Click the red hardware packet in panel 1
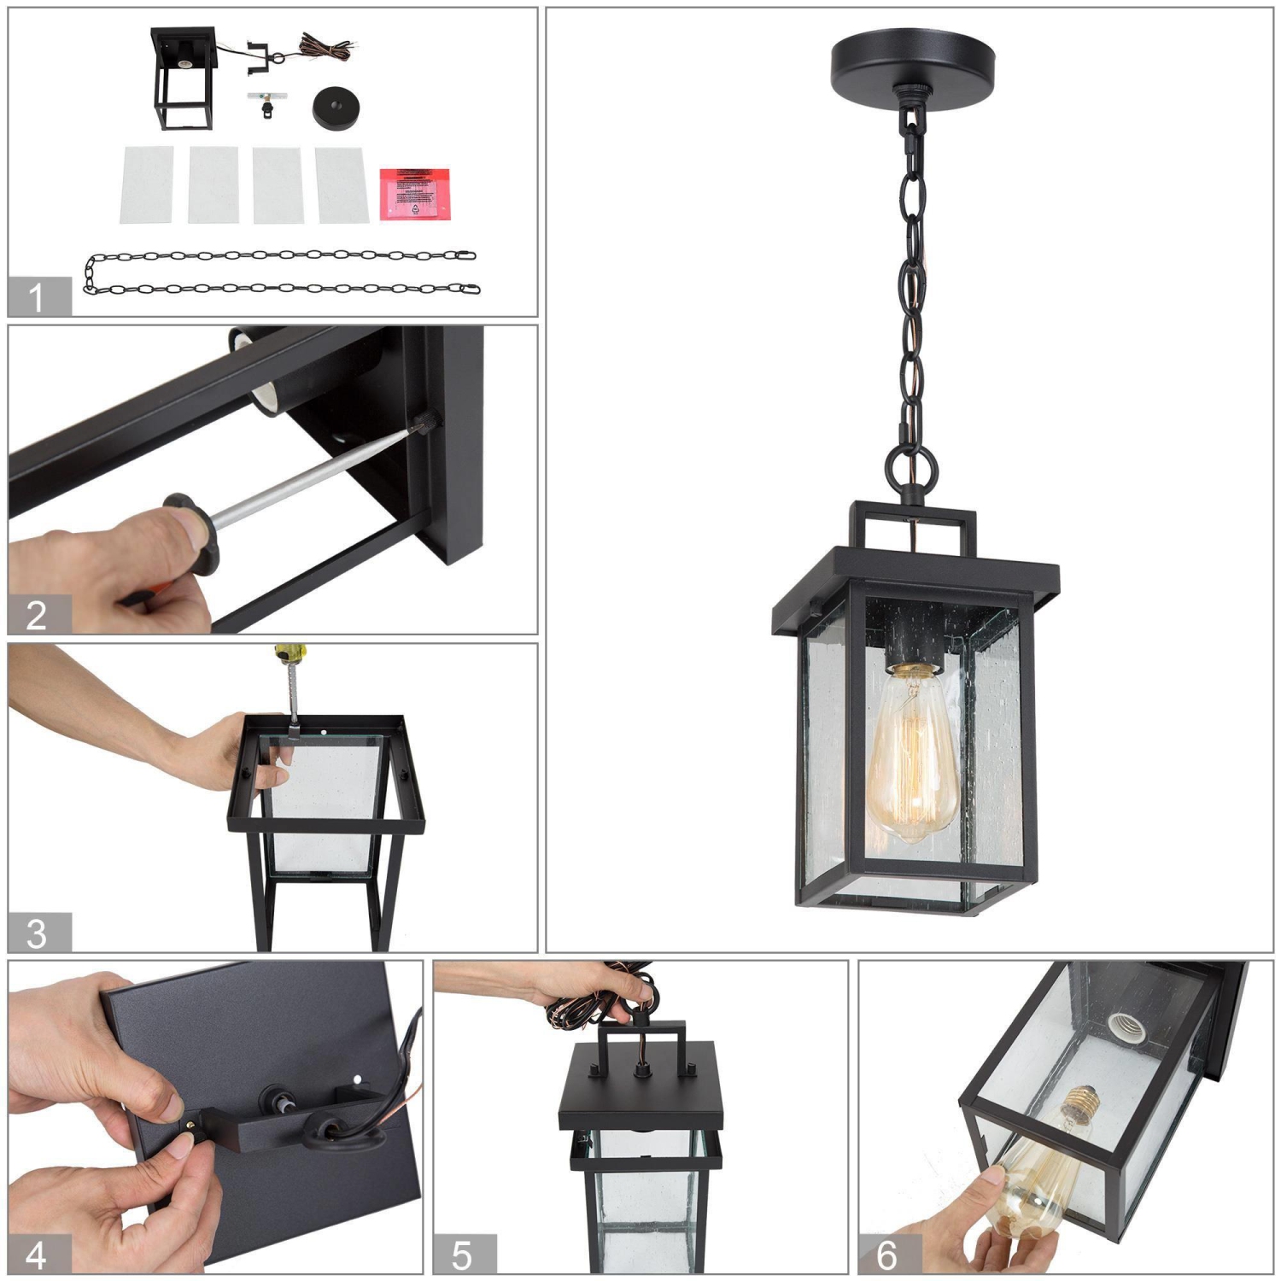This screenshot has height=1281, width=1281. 415,195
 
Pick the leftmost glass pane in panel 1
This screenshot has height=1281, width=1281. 148,185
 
